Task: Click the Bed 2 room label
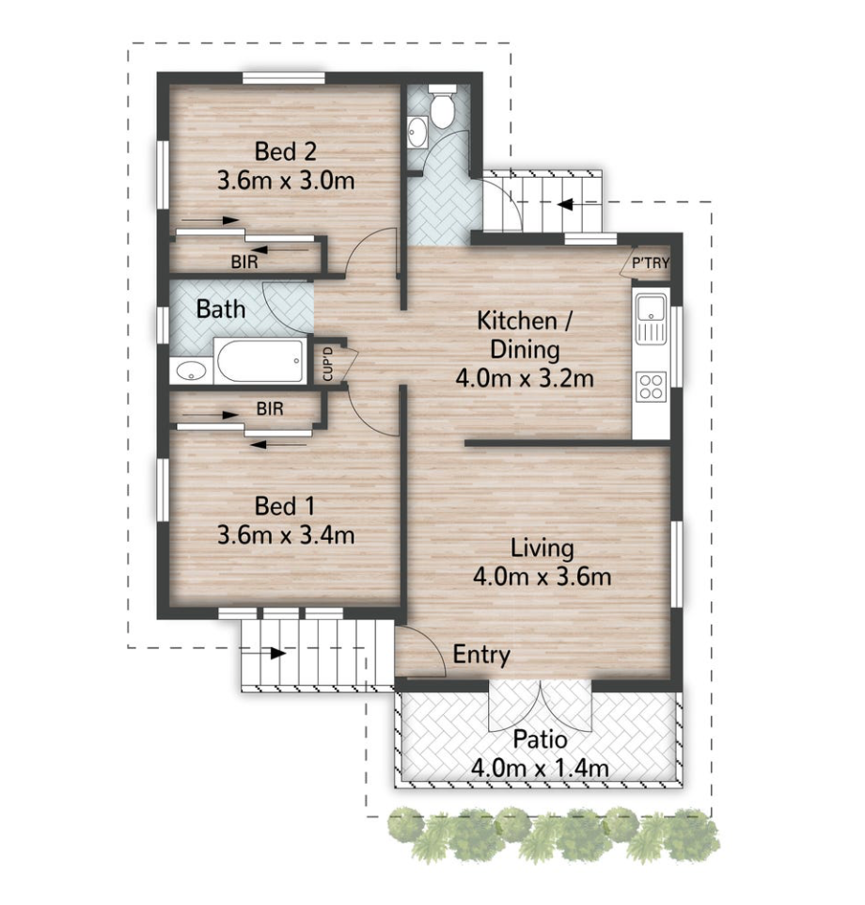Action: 286,151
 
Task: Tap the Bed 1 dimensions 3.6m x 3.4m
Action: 286,535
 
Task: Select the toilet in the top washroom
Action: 443,106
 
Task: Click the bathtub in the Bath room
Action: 260,360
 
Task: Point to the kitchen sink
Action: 651,318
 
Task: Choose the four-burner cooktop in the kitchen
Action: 651,387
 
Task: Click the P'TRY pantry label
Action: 651,263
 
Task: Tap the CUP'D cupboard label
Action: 328,364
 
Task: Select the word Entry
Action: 481,655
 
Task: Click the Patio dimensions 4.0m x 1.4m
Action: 540,769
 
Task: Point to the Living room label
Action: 543,548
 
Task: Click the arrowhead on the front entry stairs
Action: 278,654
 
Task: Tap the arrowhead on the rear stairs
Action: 565,204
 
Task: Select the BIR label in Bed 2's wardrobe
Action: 244,262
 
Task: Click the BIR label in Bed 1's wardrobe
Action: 270,409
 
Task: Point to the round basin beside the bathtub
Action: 191,372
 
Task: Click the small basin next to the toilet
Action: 417,132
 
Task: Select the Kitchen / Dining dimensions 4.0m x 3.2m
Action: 525,378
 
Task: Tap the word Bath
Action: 221,310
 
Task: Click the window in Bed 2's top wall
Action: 283,78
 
